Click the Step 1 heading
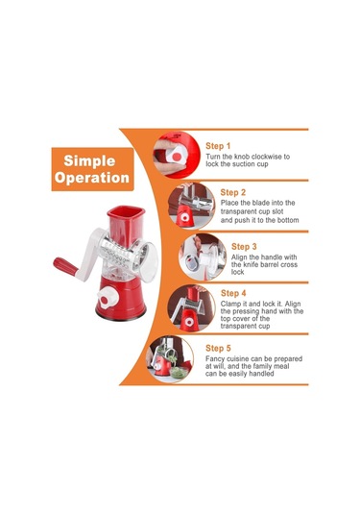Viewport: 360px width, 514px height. pos(218,146)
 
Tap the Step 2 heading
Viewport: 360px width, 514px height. pos(232,192)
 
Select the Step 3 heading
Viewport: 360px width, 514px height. pos(244,247)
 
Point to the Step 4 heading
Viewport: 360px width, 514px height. pos(233,293)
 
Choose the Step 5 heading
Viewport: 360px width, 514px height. pos(218,348)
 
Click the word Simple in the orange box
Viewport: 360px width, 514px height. pos(89,161)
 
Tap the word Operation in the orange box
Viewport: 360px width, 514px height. pos(92,178)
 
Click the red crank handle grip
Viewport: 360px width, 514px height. pos(65,267)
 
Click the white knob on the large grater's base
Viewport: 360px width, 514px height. pos(108,298)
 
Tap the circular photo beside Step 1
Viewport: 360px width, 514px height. pos(177,155)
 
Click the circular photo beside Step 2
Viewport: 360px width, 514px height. pos(191,206)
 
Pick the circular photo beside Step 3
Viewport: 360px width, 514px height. pos(203,257)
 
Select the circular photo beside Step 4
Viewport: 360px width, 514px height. pos(191,308)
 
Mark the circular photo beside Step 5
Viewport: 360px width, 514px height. pos(170,359)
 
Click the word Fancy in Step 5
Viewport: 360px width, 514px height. pos(215,359)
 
